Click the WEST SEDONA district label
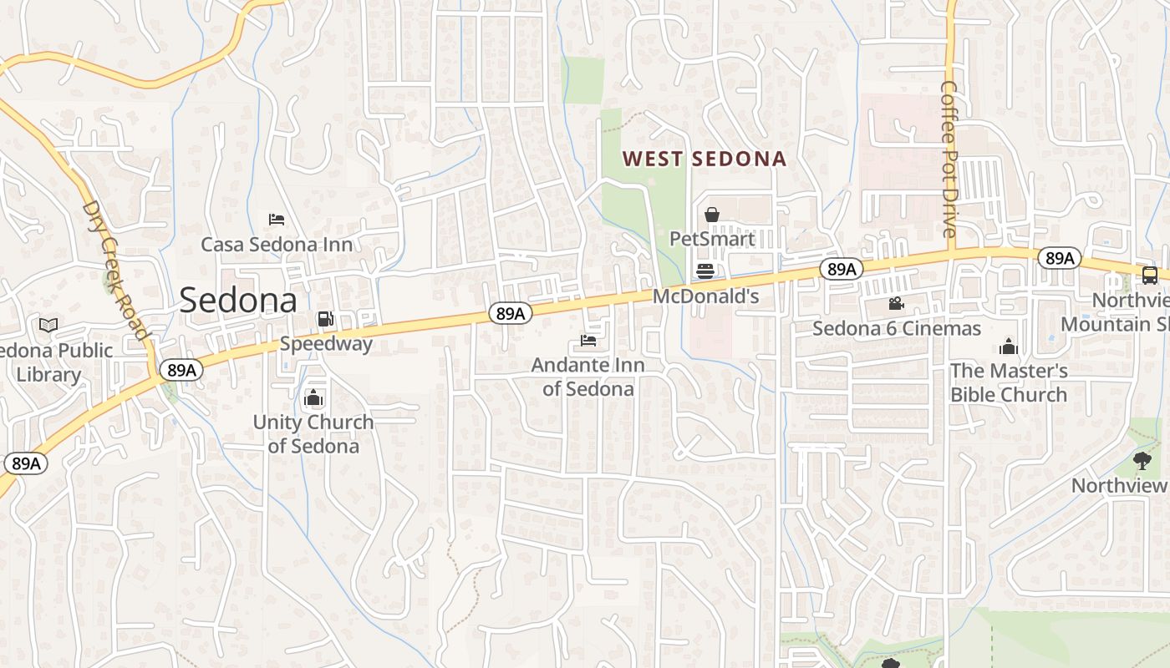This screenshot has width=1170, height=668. point(705,159)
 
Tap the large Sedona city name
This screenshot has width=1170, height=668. point(238,301)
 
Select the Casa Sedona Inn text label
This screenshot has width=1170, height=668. point(277,245)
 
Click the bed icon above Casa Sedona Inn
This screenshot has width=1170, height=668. point(277,220)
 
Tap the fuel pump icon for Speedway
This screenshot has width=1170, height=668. point(325,318)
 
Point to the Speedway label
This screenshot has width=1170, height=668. point(326,343)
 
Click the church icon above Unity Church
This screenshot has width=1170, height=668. point(314,397)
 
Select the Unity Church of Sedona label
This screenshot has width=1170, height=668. point(313,433)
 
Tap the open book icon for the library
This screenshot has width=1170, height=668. point(48,325)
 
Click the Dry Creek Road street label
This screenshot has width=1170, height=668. point(115,270)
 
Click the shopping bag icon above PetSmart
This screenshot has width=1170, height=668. point(712,215)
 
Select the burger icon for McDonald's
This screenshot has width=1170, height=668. point(705,271)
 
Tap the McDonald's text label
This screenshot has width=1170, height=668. point(705,296)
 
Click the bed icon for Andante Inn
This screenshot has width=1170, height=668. point(588,341)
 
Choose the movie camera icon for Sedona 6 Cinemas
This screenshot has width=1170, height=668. point(897,303)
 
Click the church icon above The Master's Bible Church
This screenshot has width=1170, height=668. point(1009,346)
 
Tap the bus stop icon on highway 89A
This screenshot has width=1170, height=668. point(1150,275)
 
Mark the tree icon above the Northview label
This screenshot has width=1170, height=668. point(1142,460)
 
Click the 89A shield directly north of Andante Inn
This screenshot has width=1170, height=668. point(510,313)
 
